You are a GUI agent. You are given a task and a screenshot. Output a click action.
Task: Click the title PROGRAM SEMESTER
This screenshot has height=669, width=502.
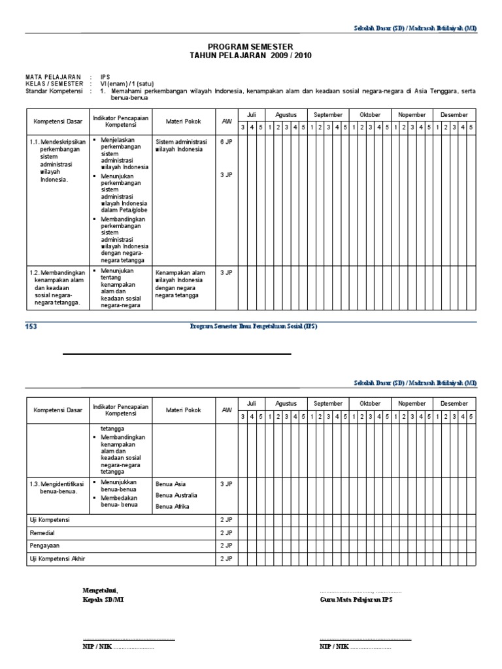250,47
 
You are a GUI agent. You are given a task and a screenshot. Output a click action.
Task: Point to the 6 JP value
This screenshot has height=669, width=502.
227,141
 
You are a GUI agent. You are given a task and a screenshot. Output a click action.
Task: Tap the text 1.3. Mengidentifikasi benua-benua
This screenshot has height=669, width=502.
58,487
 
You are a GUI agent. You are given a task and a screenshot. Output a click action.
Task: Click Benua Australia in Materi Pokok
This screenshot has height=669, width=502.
176,495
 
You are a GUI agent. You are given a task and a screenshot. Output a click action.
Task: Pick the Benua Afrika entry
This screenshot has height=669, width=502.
172,506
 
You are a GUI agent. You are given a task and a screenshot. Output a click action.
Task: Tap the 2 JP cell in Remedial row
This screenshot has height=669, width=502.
227,533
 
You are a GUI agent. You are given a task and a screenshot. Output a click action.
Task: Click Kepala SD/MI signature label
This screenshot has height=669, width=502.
103,599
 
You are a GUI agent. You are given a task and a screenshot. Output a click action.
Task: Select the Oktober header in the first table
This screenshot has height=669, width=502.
370,114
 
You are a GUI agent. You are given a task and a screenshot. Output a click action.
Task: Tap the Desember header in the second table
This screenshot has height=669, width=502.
454,404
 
